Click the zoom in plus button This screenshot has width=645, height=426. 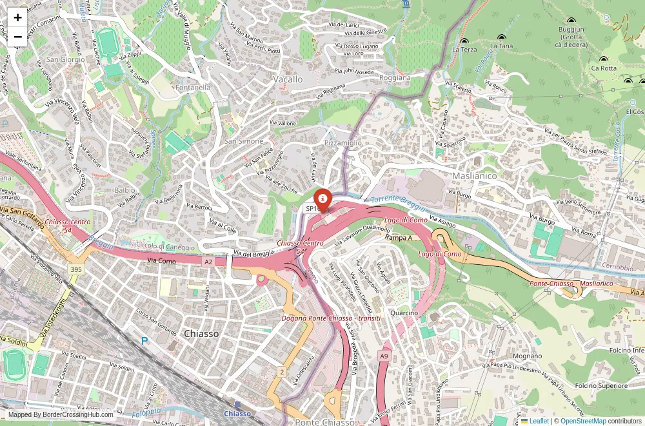[17, 17]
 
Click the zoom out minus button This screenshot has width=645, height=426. [17, 37]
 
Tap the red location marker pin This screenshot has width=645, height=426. [322, 198]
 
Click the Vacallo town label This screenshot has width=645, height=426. [288, 79]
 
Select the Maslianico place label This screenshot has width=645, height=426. [474, 175]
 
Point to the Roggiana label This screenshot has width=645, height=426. [395, 77]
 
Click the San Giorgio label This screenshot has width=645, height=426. [64, 59]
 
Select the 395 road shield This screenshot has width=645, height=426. [76, 268]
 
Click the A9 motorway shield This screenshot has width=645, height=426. [384, 356]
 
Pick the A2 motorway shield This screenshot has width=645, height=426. [208, 262]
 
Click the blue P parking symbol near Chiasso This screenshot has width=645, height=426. [144, 340]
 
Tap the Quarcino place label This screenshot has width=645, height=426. [404, 313]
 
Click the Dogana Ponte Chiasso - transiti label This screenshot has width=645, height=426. [331, 318]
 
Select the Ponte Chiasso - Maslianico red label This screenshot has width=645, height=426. [571, 284]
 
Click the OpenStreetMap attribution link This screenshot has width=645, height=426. [583, 421]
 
